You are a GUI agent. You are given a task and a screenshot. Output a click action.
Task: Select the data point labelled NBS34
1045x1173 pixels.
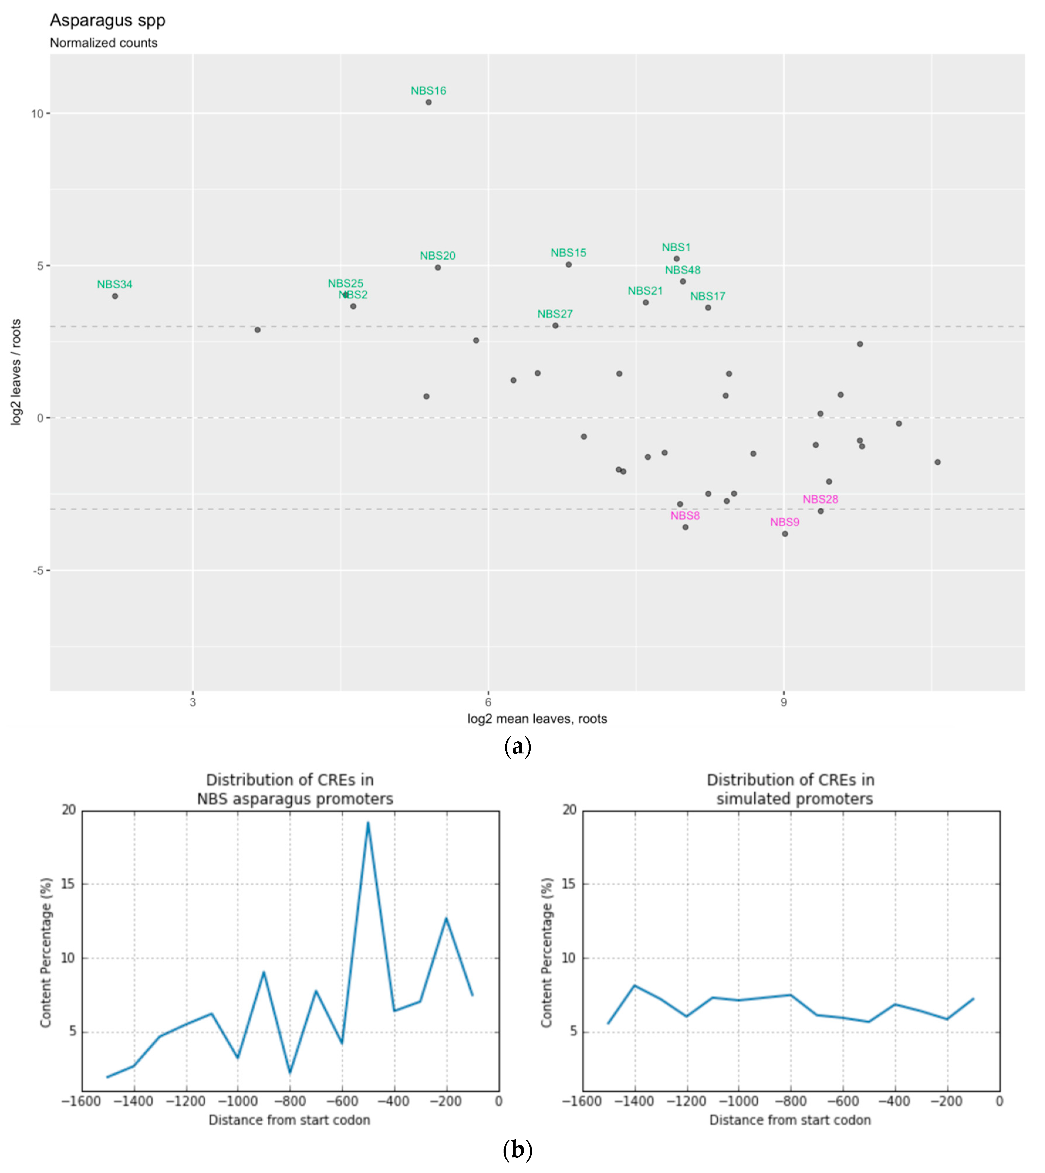pos(115,296)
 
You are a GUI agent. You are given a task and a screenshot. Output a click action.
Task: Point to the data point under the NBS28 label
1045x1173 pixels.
pos(821,511)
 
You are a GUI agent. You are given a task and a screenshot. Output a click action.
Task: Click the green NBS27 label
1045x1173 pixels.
pos(555,314)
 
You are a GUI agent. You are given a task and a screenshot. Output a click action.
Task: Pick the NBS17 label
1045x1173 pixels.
pos(708,296)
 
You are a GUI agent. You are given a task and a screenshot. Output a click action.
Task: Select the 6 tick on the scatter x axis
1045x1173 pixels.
pos(488,702)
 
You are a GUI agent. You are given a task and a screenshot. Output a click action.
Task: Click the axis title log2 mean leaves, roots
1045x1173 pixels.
pos(537,718)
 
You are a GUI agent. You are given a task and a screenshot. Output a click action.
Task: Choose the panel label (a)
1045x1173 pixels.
pos(517,747)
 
